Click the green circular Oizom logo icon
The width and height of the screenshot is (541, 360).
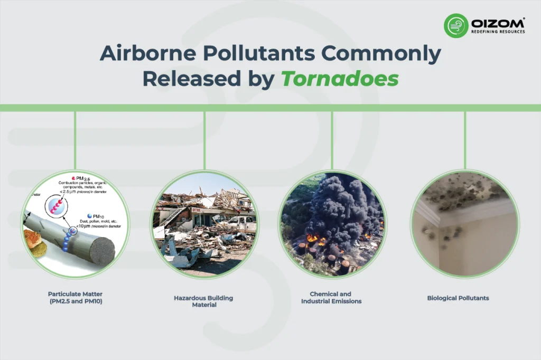pos(455,25)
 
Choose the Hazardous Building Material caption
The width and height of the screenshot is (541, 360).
pos(203,301)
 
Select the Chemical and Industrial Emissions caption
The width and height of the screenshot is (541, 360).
pos(331,298)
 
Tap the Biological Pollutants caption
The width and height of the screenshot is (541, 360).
pos(458,298)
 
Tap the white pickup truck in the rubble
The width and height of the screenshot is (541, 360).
pos(242,224)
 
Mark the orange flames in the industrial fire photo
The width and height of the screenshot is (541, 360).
pos(315,239)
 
